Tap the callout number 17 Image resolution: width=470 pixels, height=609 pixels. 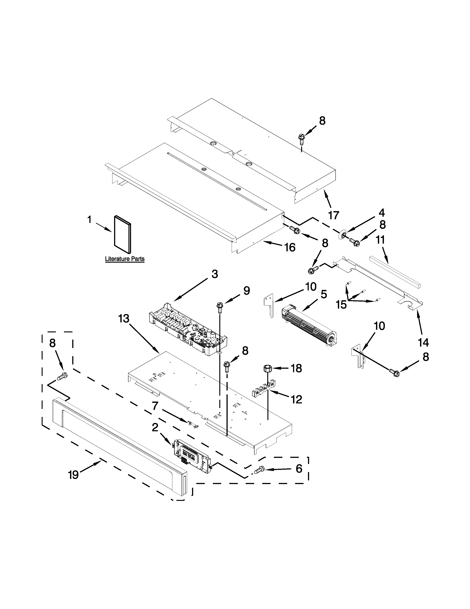(334, 215)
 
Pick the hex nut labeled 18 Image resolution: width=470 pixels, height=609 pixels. (268, 369)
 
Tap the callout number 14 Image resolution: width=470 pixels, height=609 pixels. (423, 342)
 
